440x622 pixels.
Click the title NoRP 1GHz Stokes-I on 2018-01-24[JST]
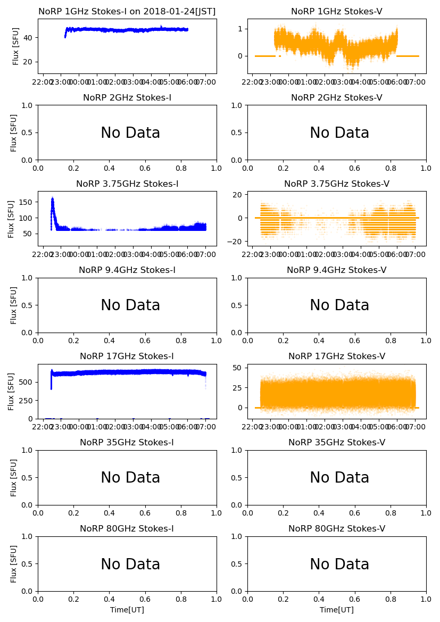(x=127, y=12)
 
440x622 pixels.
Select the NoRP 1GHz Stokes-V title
(x=336, y=12)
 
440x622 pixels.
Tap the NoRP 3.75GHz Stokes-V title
(x=336, y=184)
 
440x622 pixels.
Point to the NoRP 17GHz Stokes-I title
(x=127, y=356)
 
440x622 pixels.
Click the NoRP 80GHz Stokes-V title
(x=336, y=529)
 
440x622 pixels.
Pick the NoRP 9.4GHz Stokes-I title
(x=127, y=270)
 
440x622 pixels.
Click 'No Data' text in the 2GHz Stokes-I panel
(x=130, y=133)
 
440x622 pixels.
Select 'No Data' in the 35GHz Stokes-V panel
(x=339, y=478)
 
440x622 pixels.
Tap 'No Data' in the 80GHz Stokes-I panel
(x=130, y=565)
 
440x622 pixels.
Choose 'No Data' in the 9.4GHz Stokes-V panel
(x=339, y=305)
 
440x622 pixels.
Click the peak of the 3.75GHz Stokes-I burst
(x=52, y=198)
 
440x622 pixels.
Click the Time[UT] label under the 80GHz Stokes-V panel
(x=336, y=610)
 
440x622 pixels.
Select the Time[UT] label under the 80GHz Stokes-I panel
(x=127, y=610)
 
